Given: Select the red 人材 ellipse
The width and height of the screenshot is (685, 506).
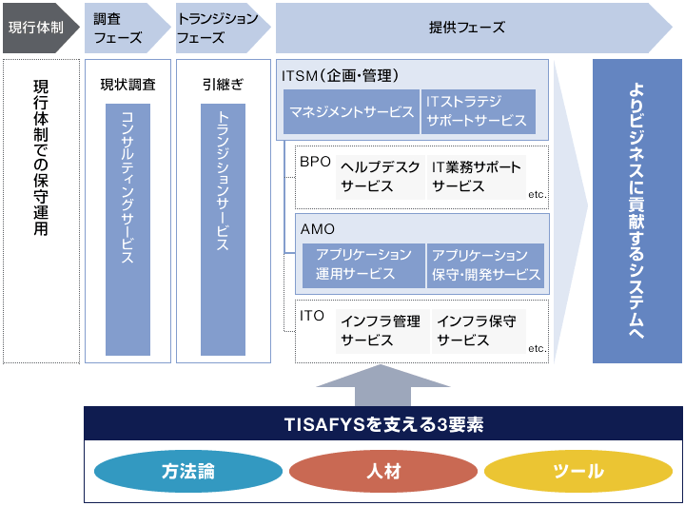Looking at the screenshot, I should click(382, 471).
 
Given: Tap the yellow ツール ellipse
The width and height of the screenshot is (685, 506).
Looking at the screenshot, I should click(578, 471).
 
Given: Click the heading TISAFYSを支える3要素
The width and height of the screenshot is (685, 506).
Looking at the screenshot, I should click(382, 424).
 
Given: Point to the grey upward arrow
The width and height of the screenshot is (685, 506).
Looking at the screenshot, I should click(382, 385).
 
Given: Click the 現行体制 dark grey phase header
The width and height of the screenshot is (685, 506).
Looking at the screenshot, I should click(37, 28).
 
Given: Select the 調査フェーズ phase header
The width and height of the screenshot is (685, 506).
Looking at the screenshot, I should click(121, 28).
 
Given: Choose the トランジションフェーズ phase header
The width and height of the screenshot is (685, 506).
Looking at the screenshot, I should click(216, 28).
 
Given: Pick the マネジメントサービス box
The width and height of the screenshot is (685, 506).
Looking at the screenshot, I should click(352, 112).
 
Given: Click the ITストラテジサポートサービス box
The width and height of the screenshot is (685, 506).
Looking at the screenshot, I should click(478, 112).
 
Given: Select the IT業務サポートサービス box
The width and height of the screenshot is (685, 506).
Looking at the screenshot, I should click(476, 177).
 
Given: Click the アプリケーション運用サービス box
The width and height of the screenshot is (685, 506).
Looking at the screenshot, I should click(363, 265).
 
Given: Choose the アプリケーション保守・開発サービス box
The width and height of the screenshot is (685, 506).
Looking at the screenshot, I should click(485, 265).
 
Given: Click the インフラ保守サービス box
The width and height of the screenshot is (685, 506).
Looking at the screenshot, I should click(476, 331).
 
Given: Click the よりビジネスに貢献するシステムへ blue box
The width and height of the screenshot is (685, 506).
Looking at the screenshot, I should click(637, 211).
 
